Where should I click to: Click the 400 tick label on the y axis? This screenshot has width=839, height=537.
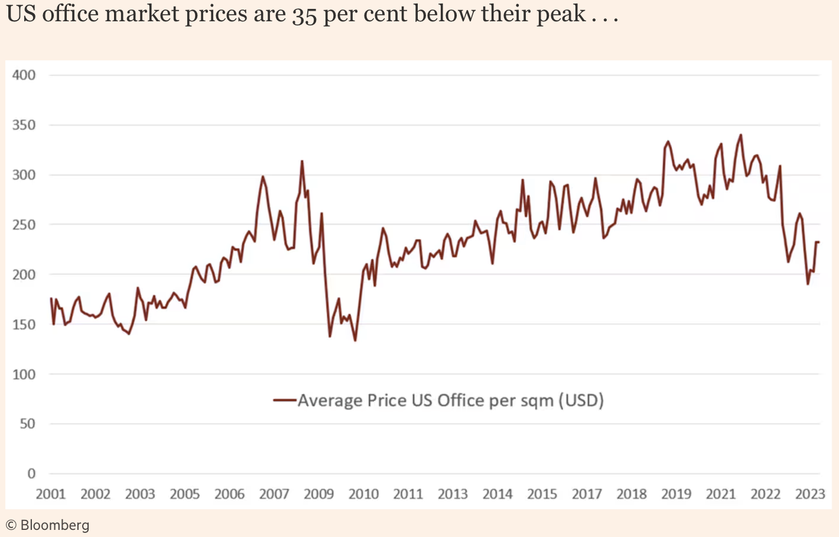tap(24, 75)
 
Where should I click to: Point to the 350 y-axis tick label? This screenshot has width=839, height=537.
tap(24, 125)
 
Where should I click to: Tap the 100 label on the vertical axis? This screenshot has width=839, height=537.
tap(24, 374)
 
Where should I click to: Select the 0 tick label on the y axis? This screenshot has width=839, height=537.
tap(31, 474)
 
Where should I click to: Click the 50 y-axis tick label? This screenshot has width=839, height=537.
tap(27, 424)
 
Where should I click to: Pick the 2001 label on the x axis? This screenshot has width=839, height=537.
tap(51, 494)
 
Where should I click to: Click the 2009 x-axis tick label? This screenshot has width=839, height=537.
tap(319, 494)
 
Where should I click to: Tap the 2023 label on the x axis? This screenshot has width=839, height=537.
tap(810, 494)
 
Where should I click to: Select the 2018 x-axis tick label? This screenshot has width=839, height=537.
tap(632, 494)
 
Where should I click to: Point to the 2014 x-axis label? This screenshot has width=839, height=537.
tap(497, 494)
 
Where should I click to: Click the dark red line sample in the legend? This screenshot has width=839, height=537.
tap(284, 400)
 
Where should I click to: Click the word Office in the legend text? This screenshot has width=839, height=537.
tap(460, 400)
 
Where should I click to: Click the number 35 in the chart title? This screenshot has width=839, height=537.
tap(304, 14)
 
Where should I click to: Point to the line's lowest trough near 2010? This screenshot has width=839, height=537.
tap(355, 341)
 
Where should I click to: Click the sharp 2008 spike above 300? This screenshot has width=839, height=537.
tap(302, 161)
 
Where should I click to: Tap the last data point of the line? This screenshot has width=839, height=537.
tap(819, 242)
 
